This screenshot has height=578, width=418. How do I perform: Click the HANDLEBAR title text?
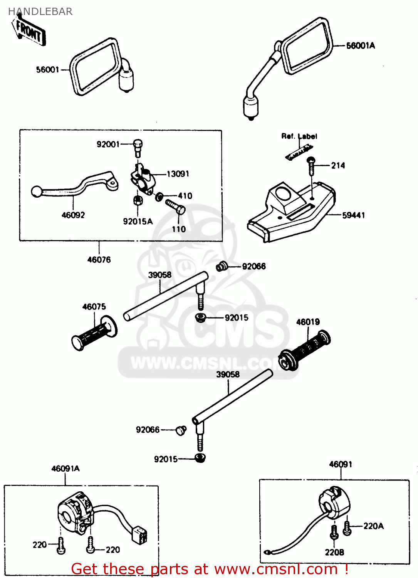[40, 12]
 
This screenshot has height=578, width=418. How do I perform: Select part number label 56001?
[47, 70]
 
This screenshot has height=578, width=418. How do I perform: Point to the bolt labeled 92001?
[138, 148]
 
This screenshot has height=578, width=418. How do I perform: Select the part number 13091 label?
[178, 174]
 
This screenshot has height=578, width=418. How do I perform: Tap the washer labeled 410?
[159, 197]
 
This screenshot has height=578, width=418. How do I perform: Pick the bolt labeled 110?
[176, 207]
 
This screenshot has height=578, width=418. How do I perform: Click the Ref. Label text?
[299, 136]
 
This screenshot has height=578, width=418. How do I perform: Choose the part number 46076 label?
[99, 260]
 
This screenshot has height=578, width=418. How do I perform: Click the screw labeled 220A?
[347, 528]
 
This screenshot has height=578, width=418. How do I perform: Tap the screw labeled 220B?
[334, 532]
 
